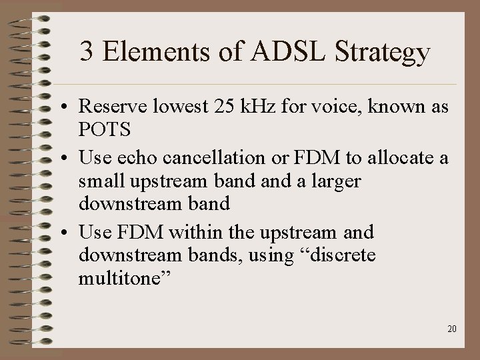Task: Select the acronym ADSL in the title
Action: click(282, 51)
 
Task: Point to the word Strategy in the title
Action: click(383, 53)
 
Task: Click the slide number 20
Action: click(452, 329)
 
